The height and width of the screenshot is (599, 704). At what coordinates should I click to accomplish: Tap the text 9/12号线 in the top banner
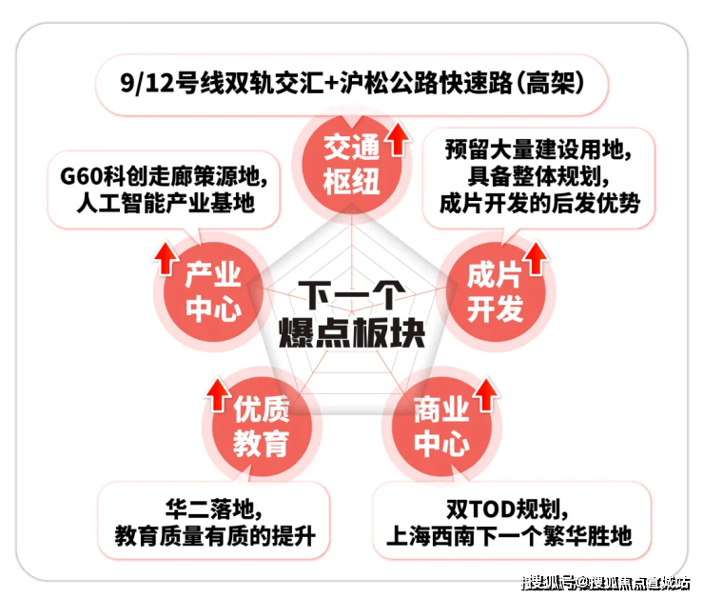[161, 84]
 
